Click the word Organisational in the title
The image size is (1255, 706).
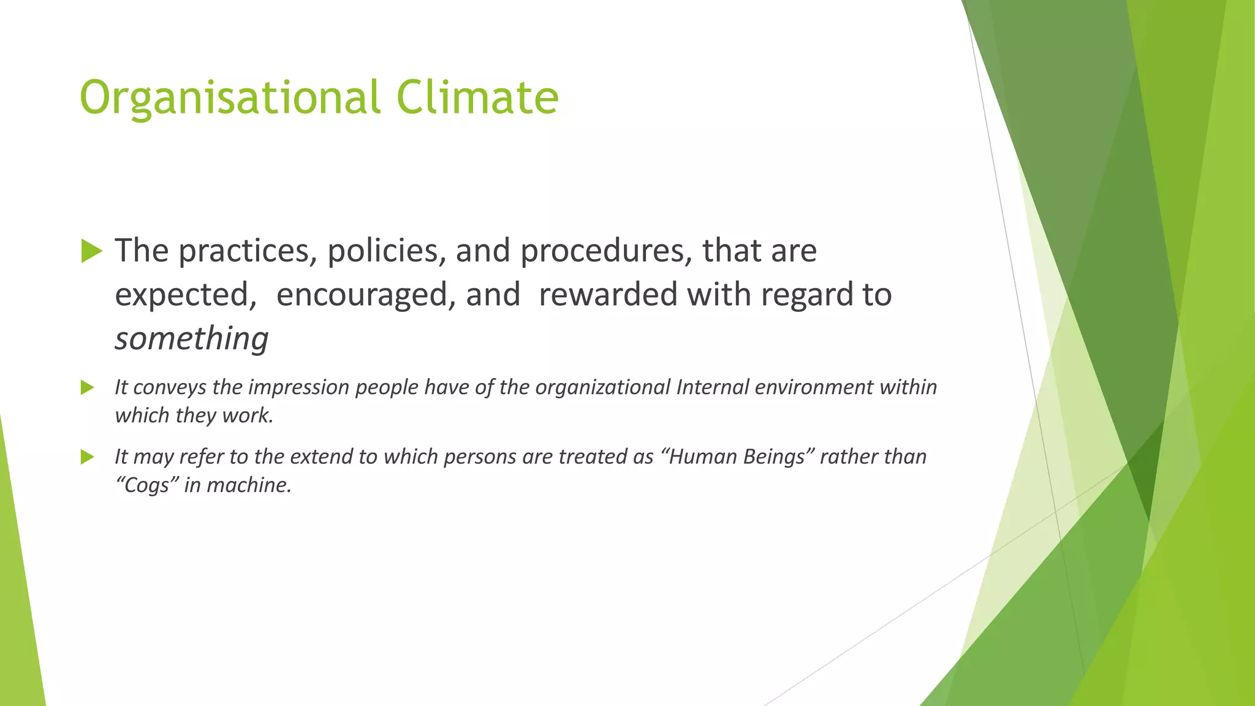[x=230, y=98]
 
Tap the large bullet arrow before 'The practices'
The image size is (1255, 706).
[x=91, y=251]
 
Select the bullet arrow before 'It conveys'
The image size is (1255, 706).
[x=88, y=387]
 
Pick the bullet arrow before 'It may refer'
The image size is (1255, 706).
[x=88, y=457]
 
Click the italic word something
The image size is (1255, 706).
[x=192, y=339]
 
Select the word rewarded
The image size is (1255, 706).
[x=607, y=295]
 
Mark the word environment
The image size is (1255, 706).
[x=814, y=387]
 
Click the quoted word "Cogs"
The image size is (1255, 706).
[x=146, y=485]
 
